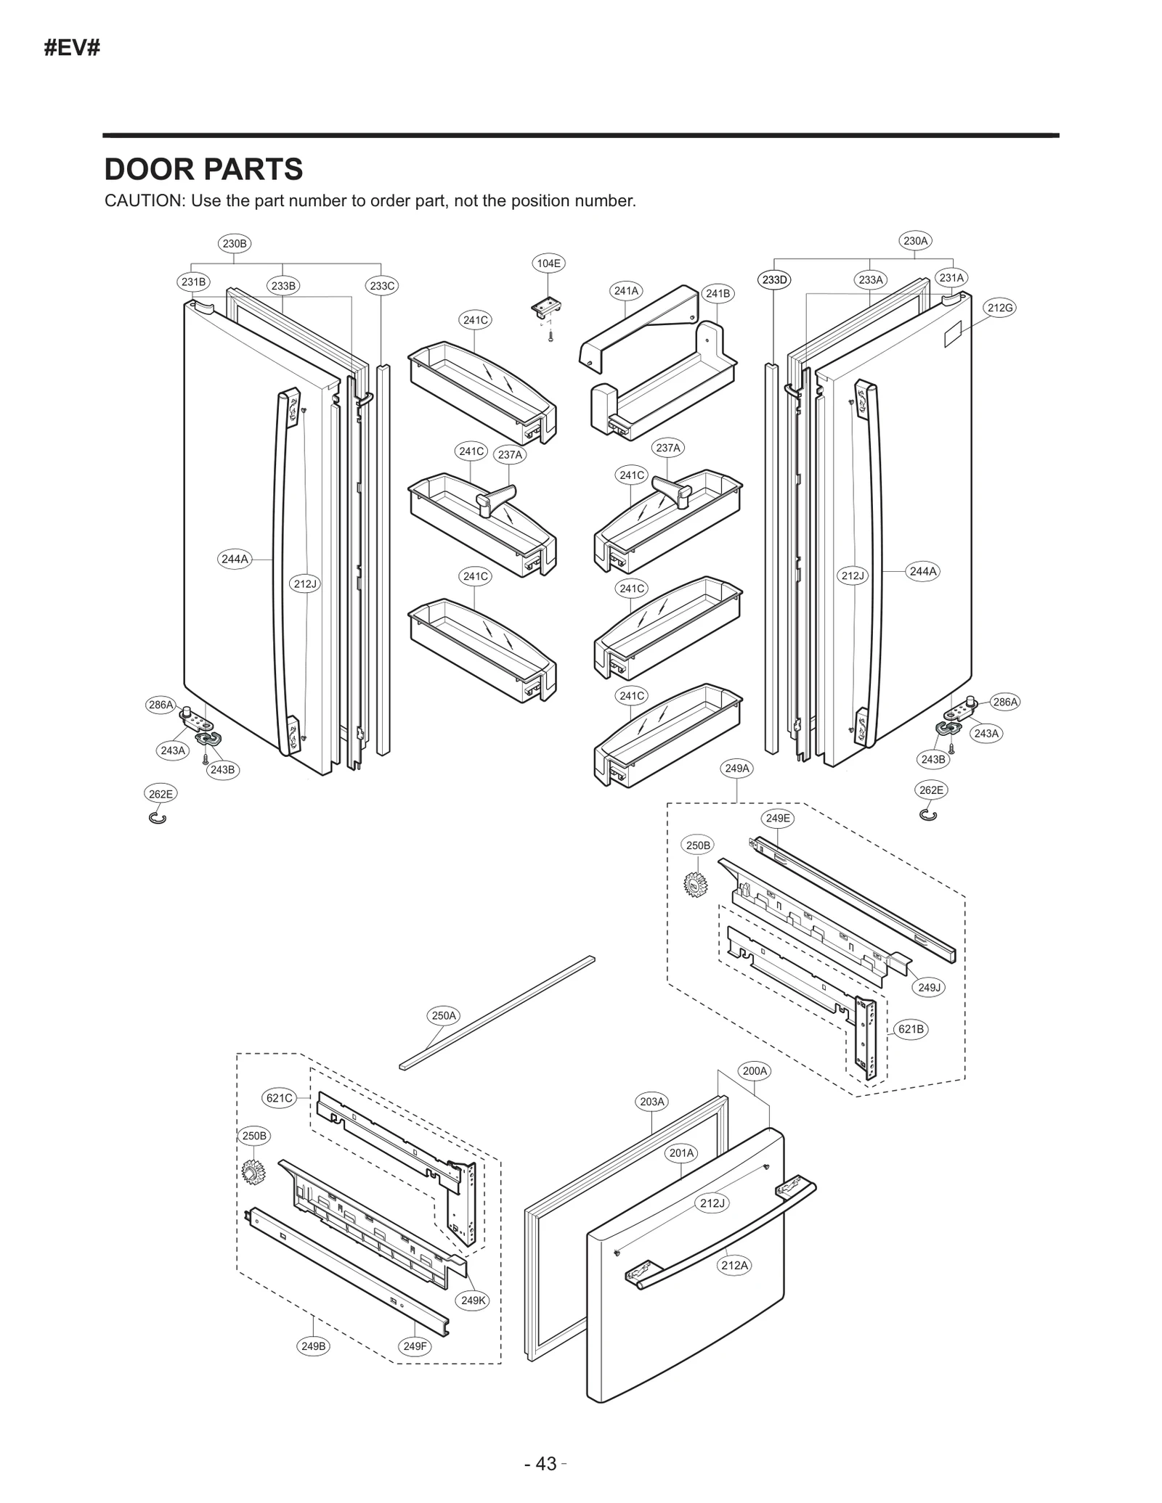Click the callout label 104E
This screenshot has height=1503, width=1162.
pos(548,263)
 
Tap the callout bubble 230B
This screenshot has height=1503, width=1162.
pos(235,244)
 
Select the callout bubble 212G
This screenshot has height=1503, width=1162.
pos(999,308)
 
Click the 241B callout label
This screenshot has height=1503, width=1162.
pos(718,293)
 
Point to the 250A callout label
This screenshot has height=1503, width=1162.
pos(444,1016)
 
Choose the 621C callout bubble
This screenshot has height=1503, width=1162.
pos(279,1098)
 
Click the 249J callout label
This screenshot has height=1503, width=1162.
pos(929,987)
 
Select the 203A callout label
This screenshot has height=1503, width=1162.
pos(651,1102)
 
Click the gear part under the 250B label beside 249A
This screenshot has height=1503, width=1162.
pos(696,884)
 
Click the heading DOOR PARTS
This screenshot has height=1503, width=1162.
pos(204,169)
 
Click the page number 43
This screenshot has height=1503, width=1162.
pos(545,1464)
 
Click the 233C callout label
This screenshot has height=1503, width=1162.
pos(382,286)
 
